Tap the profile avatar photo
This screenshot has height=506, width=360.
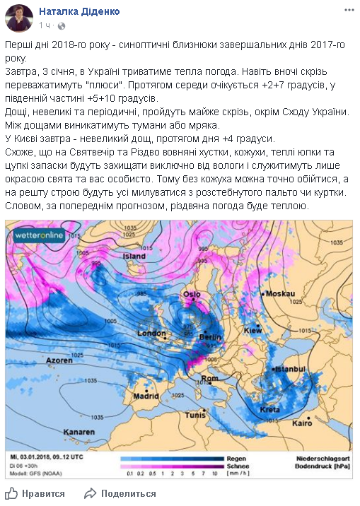pos(19,18)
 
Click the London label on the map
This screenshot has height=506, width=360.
pos(151,333)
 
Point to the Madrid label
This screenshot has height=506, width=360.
pos(146,396)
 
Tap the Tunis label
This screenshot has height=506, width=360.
pos(195,416)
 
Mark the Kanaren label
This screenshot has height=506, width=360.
pos(78,432)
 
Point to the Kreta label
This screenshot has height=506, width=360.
pos(269,410)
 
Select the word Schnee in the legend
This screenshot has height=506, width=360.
pos(237,466)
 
